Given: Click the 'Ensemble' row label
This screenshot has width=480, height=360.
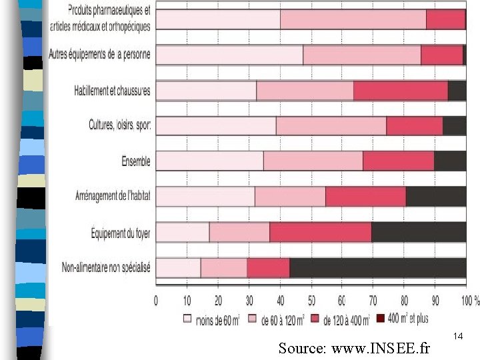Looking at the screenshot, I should (136, 161).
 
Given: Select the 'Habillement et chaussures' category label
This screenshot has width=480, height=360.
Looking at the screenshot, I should (112, 91).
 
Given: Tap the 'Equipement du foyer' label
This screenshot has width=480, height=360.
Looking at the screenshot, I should (121, 232).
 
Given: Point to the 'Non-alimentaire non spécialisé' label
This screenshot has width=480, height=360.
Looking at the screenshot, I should (106, 267).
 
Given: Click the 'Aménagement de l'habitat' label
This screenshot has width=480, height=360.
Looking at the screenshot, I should (113, 196).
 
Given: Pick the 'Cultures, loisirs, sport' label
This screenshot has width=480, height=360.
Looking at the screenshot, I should (120, 125).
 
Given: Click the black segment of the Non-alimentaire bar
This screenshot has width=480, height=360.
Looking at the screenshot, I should (377, 267).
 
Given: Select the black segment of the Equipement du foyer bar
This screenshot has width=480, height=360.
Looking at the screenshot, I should (418, 232).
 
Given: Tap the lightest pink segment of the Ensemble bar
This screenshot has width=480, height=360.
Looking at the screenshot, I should (209, 161).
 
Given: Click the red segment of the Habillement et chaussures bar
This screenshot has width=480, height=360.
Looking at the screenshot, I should (400, 91).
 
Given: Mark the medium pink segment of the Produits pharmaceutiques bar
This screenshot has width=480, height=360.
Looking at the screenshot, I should (353, 20).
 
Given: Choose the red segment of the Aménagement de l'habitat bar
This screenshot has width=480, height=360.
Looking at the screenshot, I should (365, 196).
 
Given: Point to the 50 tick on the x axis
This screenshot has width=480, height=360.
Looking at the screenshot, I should (311, 301).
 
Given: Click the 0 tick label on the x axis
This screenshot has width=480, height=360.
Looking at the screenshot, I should (156, 301).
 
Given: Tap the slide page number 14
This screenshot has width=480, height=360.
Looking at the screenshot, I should (457, 337).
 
